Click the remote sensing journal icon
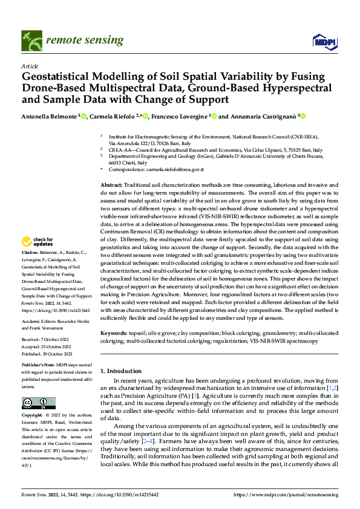point(28,39)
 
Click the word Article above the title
point(30,65)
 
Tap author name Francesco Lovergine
point(178,117)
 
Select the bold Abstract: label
point(111,184)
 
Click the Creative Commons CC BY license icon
point(38,403)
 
